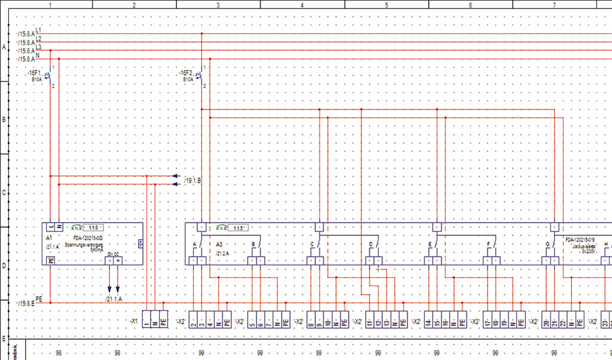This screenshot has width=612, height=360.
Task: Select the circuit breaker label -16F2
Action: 187,72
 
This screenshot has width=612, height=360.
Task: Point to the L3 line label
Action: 39,47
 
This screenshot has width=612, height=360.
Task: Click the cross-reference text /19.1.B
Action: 193,180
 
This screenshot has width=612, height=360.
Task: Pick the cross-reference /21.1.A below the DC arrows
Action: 113,298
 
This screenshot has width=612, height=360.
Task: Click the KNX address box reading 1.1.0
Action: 94,228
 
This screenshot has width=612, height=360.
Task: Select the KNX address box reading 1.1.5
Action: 239,228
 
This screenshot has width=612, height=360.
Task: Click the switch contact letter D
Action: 371,245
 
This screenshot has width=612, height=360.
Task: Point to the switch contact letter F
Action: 488,245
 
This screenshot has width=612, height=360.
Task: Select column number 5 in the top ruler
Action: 386,5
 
